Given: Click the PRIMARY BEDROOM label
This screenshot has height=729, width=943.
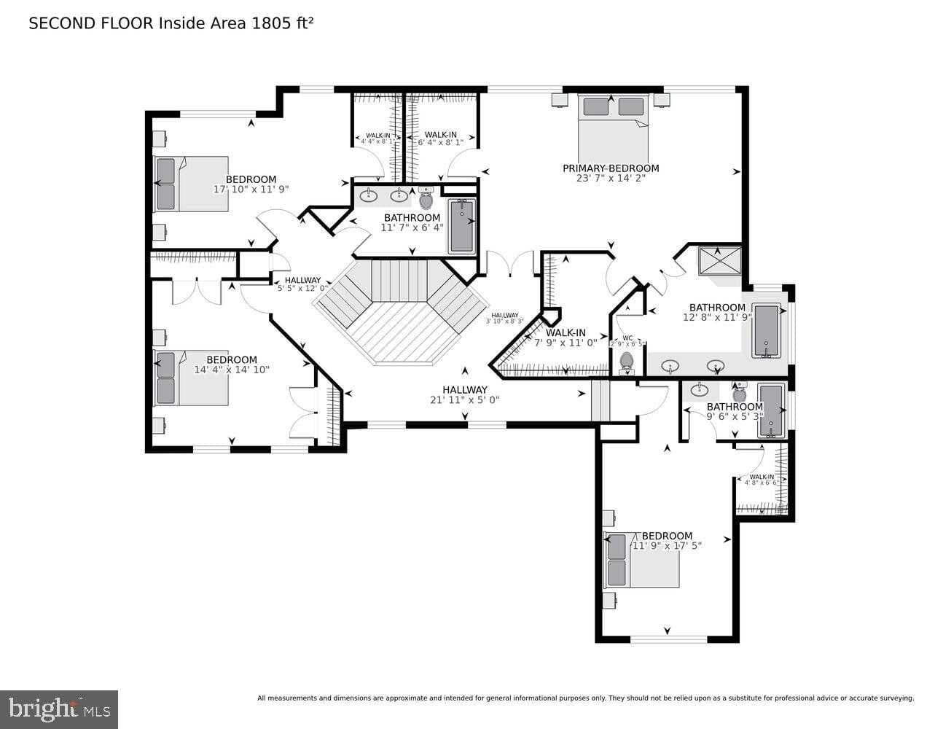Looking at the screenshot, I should tap(611, 168).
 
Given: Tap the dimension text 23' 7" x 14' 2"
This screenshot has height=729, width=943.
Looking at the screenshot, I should tap(611, 178).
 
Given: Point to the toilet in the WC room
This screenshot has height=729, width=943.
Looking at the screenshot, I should tap(626, 362).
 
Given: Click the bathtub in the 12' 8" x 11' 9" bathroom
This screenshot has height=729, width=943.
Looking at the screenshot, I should tap(767, 331).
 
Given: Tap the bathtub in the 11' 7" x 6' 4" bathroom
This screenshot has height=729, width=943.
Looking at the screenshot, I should tap(462, 225).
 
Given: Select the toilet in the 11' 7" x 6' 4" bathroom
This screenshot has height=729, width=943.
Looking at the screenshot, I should tap(426, 199).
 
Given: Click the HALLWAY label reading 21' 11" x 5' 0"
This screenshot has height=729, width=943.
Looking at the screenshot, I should tap(465, 389).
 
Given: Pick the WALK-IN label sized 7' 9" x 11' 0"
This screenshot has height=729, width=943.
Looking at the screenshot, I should tap(566, 333).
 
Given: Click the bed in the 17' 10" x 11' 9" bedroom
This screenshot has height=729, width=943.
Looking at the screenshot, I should tap(192, 184).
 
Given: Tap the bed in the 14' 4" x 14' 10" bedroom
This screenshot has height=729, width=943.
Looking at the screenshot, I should tap(192, 378).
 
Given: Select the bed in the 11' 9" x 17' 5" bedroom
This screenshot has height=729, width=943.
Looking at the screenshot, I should tap(642, 560).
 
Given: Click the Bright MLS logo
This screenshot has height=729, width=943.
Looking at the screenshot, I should tap(59, 709).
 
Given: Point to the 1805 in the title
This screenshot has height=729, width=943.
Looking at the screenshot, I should tap(267, 23).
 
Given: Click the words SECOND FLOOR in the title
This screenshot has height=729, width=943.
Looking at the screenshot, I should tap(91, 23).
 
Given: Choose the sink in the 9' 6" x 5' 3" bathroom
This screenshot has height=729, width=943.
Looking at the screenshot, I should tap(700, 389).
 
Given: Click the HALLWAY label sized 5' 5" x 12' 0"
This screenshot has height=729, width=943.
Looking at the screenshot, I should tap(302, 280).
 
